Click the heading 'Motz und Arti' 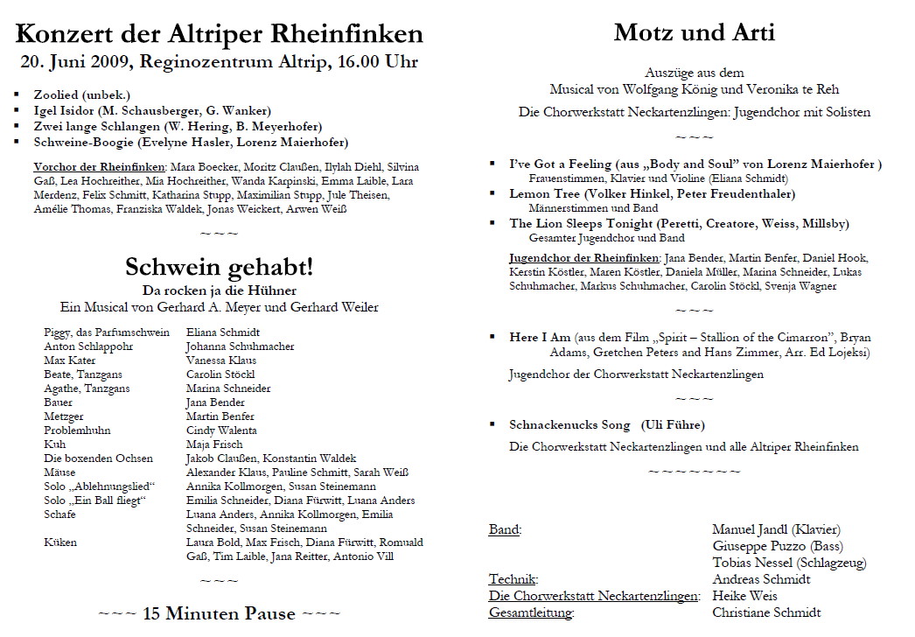coord(694,33)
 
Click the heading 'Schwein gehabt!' coord(219,266)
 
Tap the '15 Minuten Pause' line coord(218,612)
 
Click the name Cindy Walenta coord(221,430)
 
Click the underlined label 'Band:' coord(505,529)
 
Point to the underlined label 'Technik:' coord(513,579)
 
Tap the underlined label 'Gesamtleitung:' coord(531,612)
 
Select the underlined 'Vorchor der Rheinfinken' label coord(99,167)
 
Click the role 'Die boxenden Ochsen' coord(98,458)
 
